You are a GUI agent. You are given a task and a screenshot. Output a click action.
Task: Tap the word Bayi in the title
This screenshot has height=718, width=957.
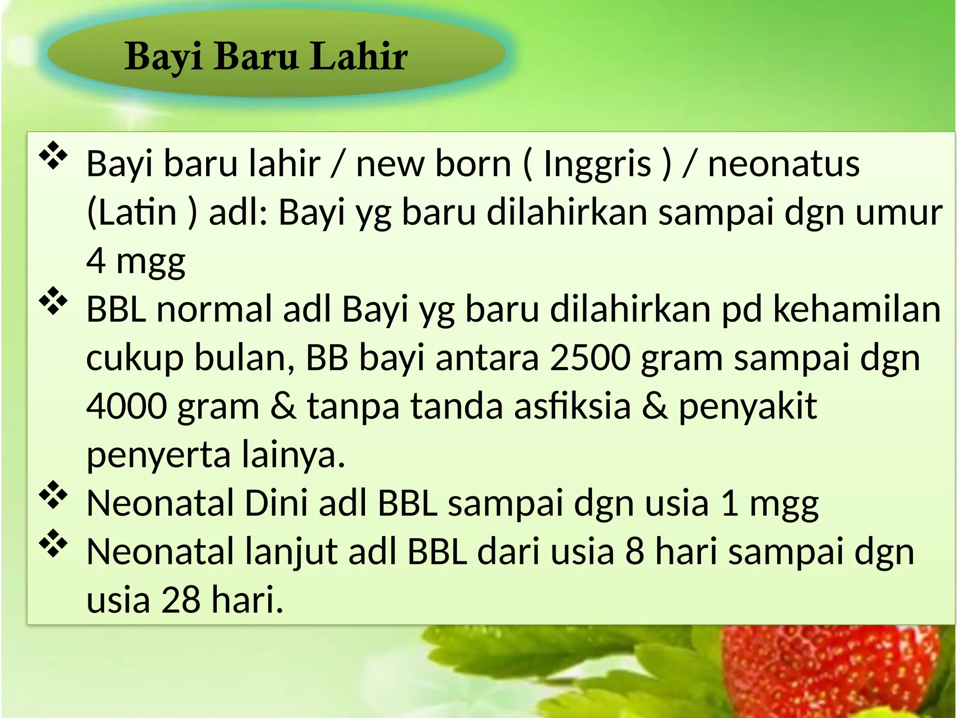pyautogui.click(x=163, y=57)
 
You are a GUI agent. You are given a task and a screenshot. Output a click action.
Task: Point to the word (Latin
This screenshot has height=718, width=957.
pyautogui.click(x=132, y=212)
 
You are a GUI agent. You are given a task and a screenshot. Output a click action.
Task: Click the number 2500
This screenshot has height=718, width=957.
pyautogui.click(x=590, y=358)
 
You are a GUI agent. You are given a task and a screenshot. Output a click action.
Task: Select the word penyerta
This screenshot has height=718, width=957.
pyautogui.click(x=158, y=455)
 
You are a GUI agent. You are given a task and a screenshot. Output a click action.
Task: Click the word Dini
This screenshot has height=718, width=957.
pyautogui.click(x=276, y=503)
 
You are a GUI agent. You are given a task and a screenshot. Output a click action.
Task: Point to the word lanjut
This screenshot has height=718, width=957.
pyautogui.click(x=291, y=553)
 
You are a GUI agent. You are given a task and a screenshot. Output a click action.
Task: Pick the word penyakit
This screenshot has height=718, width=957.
pyautogui.click(x=748, y=407)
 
